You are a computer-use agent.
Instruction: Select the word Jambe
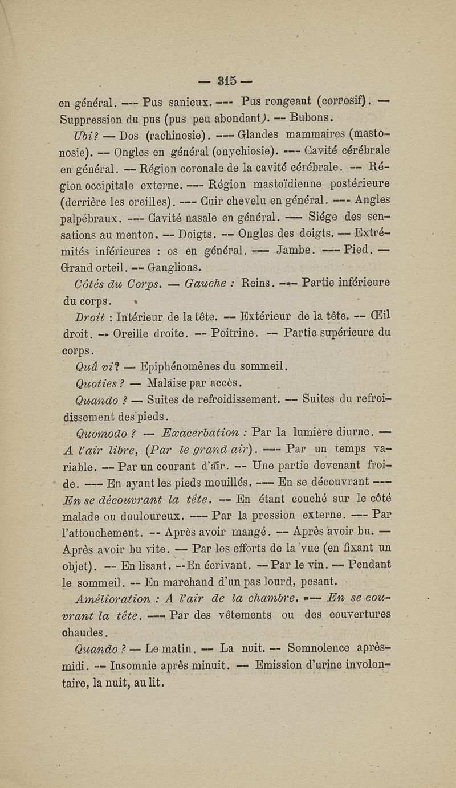click(295, 250)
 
